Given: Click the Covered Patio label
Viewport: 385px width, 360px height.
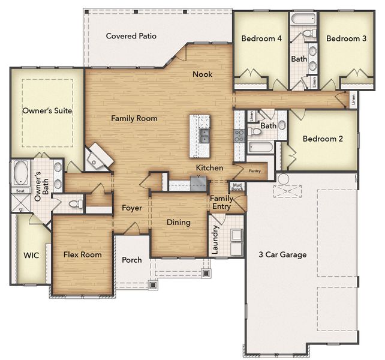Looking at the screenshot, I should (x=131, y=36).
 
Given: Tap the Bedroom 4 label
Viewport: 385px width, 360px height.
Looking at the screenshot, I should (x=261, y=38).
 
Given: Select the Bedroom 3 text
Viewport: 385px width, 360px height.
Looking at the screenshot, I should (x=346, y=38).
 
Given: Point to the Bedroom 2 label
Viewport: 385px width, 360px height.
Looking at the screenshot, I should (x=323, y=139).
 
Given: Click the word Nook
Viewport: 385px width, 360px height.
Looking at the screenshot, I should (x=202, y=74).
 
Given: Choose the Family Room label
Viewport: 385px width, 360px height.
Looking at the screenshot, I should (x=134, y=118).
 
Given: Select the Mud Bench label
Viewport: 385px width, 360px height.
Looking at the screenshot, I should (x=238, y=187).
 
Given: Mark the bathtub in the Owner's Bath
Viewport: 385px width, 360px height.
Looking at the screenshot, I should (x=22, y=172).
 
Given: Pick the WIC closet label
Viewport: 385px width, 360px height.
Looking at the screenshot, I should (x=31, y=255).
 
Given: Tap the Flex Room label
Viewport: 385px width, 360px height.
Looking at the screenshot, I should (x=82, y=254).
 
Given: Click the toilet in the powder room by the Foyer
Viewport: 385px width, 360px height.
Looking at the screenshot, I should (x=74, y=204).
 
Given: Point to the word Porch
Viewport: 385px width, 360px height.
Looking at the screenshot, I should (x=132, y=260).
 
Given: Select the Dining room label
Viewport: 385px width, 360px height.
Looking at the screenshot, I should (x=178, y=222).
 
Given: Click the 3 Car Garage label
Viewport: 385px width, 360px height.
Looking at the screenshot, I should (x=282, y=254).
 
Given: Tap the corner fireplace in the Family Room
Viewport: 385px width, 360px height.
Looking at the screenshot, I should (x=98, y=158).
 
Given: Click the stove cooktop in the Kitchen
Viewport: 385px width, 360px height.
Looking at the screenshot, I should (x=239, y=135).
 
